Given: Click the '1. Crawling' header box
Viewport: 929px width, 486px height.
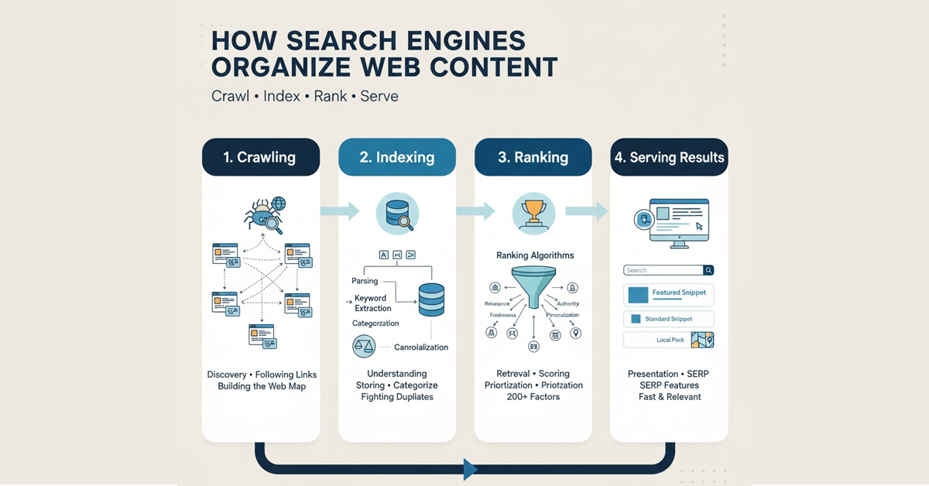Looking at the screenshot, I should [260, 157].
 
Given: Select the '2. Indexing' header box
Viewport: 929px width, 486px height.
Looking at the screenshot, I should [397, 157].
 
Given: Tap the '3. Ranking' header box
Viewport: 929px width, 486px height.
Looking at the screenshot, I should [533, 157].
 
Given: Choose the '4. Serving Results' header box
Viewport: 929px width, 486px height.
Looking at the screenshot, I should [669, 157].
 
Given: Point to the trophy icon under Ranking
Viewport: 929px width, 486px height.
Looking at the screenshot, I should [533, 213].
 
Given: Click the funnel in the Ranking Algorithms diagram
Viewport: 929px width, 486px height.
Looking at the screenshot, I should [533, 288].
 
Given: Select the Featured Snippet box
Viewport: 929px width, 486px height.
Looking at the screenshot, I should [668, 293].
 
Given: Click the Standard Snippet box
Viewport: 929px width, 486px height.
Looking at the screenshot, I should [668, 319].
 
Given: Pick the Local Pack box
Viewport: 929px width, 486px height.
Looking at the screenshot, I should [668, 340].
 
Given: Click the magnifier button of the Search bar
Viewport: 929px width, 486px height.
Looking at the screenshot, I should [708, 270].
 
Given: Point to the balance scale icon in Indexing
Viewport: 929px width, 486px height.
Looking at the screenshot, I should [363, 346].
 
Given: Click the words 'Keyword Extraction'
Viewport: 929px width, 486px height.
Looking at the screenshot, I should [372, 303].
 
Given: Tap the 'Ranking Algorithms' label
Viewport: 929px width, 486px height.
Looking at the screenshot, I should [535, 255].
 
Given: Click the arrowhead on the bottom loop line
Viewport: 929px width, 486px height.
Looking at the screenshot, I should [469, 468].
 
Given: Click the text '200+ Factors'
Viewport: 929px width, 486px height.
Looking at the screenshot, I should [533, 397].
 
